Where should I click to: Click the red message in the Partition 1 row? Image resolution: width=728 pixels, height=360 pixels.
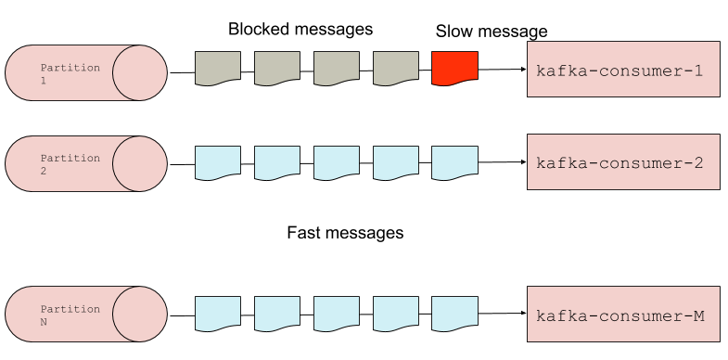(x=454, y=68)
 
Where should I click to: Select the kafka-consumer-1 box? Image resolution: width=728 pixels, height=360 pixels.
(x=623, y=70)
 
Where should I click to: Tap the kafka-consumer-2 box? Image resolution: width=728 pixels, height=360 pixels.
(x=623, y=162)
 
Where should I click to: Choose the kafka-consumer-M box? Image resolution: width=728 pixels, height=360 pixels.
(x=623, y=315)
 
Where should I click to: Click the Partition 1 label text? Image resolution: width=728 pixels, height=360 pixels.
(x=70, y=74)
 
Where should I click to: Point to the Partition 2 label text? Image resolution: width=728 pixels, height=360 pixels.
(x=70, y=164)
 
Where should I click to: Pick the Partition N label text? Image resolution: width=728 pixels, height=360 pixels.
(x=70, y=315)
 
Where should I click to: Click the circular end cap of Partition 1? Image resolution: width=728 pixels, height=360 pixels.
(x=140, y=71)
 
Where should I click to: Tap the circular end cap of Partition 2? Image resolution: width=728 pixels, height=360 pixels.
(x=140, y=163)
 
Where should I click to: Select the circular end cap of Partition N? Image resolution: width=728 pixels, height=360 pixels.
(x=140, y=314)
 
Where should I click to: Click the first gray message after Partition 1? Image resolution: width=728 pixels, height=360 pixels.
(x=218, y=68)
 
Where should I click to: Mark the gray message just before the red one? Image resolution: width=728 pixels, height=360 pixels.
(x=396, y=68)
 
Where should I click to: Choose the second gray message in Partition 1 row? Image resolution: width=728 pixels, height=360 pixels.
(x=277, y=68)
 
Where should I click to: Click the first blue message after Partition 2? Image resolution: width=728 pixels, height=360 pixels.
(x=218, y=161)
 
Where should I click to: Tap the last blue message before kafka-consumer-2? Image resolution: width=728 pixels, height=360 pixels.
(x=454, y=161)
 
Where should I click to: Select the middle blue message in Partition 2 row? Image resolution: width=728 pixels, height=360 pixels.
(x=337, y=161)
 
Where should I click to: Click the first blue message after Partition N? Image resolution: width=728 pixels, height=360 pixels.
(x=218, y=313)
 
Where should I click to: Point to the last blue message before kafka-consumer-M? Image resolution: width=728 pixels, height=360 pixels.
(x=454, y=313)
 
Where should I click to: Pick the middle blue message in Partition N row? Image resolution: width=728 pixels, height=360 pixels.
(x=337, y=313)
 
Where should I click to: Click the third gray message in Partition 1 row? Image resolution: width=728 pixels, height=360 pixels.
(x=337, y=68)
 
